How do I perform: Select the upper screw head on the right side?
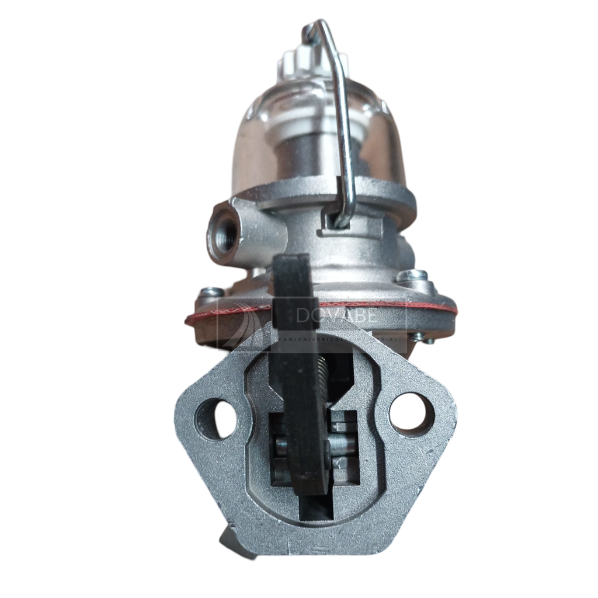[x=412, y=275]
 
